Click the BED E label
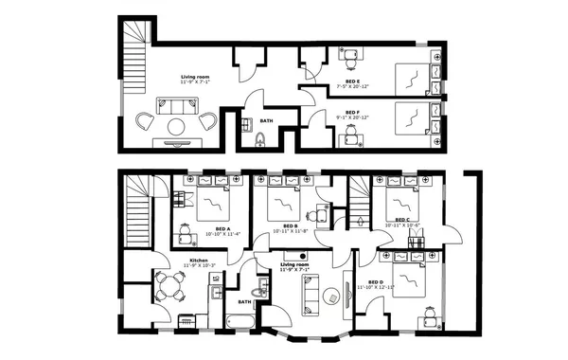coord(350,82)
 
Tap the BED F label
coord(352,114)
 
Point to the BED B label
coord(291,225)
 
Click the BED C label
coord(402,220)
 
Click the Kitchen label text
coord(199,261)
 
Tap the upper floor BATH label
coord(267,121)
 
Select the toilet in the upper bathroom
coord(261,141)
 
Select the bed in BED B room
coord(281,200)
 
